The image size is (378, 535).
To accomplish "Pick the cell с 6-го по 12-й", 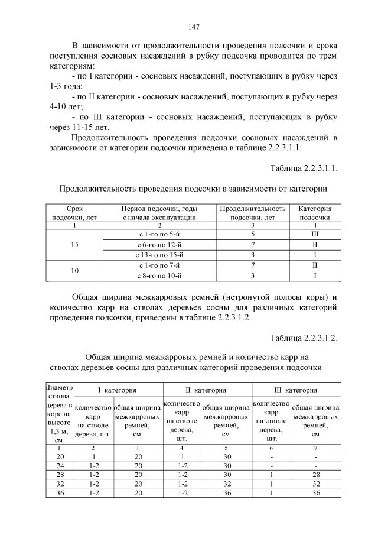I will tap(159, 244).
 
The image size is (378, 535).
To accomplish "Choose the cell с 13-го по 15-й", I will tap(159, 255).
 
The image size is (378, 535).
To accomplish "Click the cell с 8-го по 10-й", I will tap(159, 275).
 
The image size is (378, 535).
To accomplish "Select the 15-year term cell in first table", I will tap(74, 244).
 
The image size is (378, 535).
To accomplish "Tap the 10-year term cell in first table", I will tap(74, 270).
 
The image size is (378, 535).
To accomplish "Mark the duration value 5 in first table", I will tap(252, 234).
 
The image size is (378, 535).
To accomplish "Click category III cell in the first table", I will tap(315, 234).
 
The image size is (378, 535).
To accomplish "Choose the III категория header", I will tap(296, 390).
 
